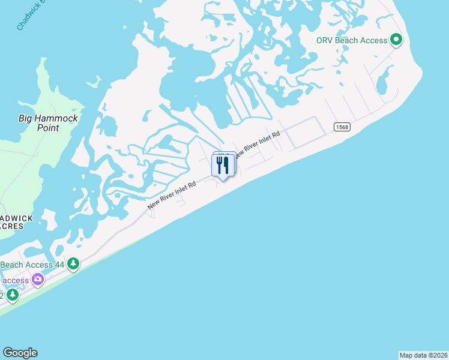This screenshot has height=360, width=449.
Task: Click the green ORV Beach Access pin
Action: click(x=396, y=40)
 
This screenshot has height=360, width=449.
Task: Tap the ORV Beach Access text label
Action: click(x=352, y=41)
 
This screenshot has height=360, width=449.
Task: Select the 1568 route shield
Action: click(x=341, y=127)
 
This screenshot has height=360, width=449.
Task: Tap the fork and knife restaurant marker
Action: click(x=223, y=165)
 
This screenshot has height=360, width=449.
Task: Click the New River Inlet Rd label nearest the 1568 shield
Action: click(x=259, y=144)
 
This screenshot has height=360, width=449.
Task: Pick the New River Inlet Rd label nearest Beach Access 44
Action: click(x=172, y=196)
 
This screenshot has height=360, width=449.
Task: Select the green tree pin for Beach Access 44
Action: click(x=73, y=263)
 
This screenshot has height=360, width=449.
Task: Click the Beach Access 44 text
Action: click(x=32, y=265)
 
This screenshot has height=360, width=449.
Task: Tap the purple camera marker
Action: click(x=38, y=279)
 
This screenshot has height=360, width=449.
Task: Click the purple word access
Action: click(x=15, y=280)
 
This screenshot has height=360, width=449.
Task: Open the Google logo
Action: click(x=20, y=353)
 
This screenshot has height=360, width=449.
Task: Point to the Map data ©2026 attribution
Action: click(x=423, y=355)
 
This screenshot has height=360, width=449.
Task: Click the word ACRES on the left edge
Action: click(x=12, y=226)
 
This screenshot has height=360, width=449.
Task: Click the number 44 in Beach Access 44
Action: click(x=58, y=265)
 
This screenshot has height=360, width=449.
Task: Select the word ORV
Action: click(x=327, y=41)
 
